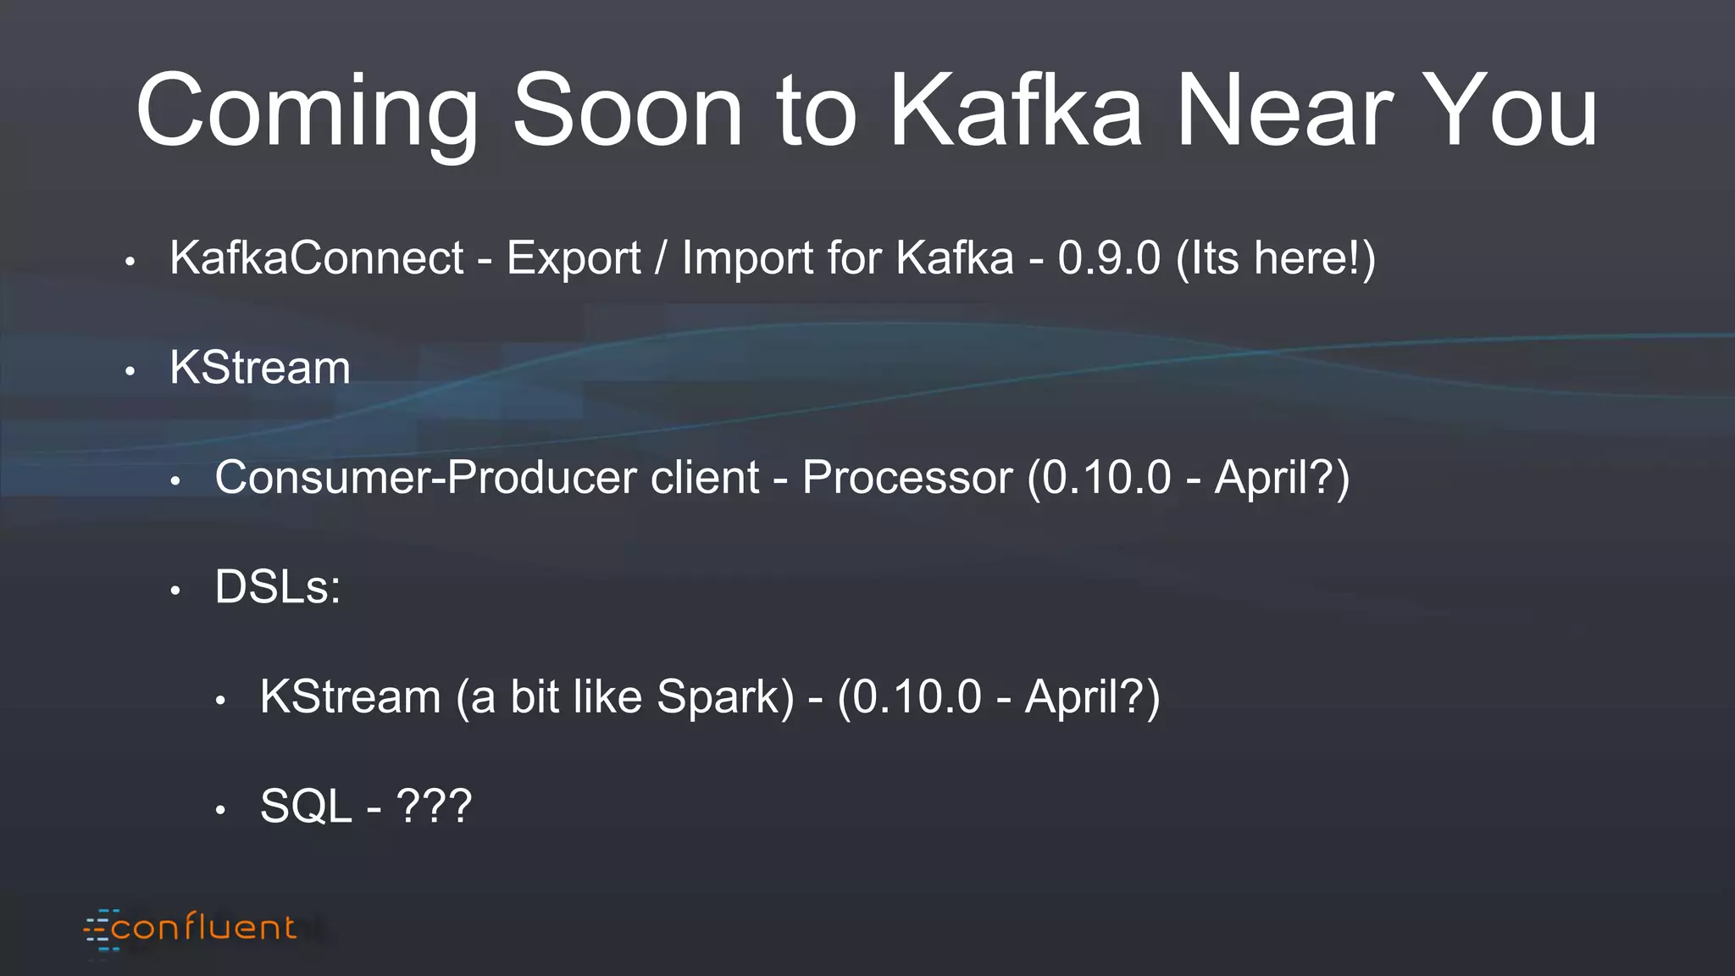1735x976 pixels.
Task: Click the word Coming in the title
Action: [x=307, y=112]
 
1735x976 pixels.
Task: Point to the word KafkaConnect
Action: [x=317, y=258]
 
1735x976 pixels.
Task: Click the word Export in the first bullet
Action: [x=574, y=258]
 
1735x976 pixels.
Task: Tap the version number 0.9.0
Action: [x=1108, y=258]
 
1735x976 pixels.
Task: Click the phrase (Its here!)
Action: [x=1276, y=258]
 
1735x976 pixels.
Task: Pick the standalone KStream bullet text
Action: [x=260, y=368]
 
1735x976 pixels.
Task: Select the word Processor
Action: [x=906, y=477]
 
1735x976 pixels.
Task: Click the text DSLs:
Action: [x=278, y=586]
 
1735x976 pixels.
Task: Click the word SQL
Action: [x=305, y=806]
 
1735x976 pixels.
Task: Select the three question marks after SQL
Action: [x=434, y=806]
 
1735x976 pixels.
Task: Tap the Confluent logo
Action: [x=191, y=929]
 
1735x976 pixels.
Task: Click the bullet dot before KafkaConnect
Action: [x=130, y=262]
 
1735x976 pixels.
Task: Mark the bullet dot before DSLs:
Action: [x=175, y=591]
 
